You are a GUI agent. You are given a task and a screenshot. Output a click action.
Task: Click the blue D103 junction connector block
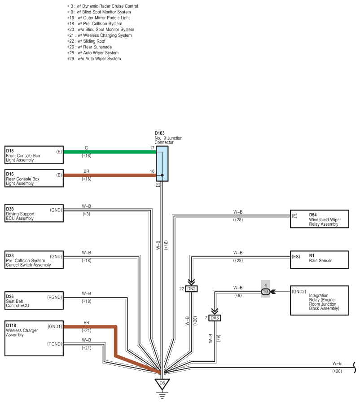point(162,164)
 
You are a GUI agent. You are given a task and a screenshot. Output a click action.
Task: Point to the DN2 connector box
point(191,289)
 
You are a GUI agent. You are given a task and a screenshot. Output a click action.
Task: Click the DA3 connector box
point(215,318)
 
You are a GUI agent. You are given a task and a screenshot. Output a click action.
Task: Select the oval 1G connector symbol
point(266,292)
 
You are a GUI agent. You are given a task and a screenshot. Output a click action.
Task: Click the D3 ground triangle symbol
point(162,384)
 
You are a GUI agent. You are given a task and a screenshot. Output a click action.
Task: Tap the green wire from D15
point(110,152)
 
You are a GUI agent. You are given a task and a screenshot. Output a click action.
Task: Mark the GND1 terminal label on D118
point(55,327)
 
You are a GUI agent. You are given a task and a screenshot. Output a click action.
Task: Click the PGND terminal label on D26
point(55,298)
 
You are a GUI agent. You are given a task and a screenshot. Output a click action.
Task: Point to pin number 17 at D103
point(152,148)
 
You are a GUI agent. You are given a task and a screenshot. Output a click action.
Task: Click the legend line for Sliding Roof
point(86,41)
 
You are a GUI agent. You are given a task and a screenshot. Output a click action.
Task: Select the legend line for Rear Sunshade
point(89,47)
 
